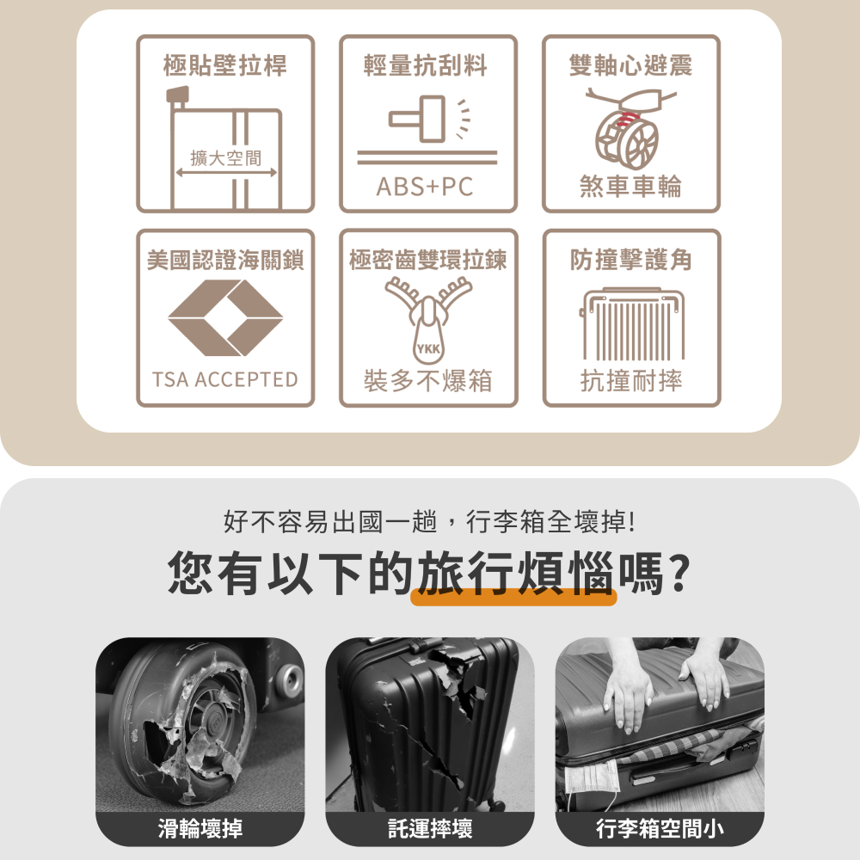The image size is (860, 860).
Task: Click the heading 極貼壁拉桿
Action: pos(225,64)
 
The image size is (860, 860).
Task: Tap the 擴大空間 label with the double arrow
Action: pos(226,158)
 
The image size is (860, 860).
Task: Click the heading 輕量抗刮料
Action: pos(427,64)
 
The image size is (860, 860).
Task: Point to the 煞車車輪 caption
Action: pos(630,187)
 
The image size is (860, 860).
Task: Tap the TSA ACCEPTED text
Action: pos(225,379)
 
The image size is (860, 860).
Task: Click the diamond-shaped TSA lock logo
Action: pos(225,317)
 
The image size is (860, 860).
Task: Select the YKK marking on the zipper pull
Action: pos(427,349)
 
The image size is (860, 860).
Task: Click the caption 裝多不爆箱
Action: pos(427,380)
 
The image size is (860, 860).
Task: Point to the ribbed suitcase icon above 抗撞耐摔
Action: pos(632,324)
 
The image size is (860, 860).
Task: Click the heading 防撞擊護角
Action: pos(631,260)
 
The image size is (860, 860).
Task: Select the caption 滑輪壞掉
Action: pos(200,829)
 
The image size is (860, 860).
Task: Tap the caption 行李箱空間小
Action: pos(660,829)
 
